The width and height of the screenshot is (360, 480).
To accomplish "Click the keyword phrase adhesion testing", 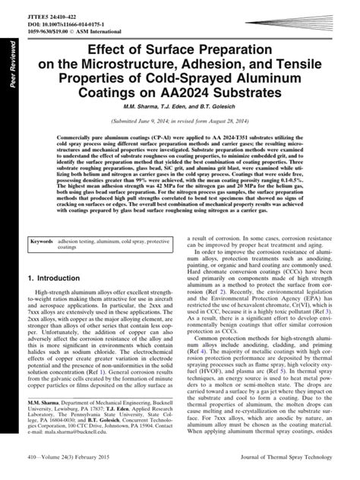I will click(x=94, y=242).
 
